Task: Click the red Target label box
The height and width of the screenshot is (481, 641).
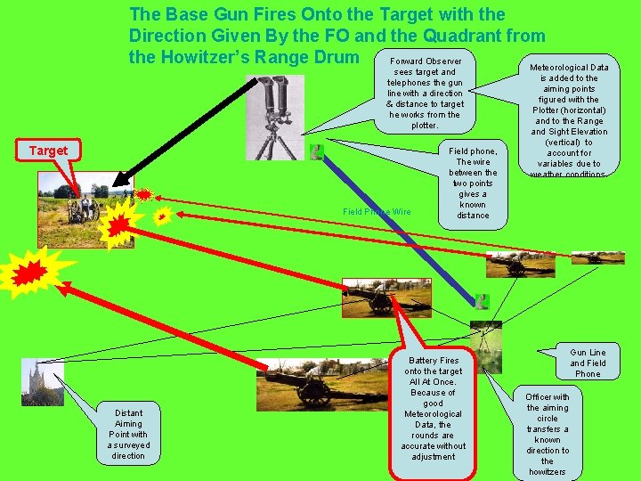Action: click(48, 151)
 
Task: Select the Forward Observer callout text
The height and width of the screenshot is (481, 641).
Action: click(425, 94)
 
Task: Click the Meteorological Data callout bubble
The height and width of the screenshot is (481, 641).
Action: click(570, 119)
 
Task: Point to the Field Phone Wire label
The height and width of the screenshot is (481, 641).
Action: click(377, 211)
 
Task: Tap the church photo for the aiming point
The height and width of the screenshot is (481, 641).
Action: click(42, 382)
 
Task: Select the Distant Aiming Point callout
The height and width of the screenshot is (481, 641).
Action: click(128, 434)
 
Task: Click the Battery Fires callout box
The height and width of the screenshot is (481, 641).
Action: click(433, 409)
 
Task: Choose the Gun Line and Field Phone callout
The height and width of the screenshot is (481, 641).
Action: click(588, 363)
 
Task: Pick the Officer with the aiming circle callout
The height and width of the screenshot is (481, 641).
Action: click(547, 434)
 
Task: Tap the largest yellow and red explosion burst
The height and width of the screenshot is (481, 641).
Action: click(32, 272)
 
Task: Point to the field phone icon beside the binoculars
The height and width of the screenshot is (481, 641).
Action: click(315, 152)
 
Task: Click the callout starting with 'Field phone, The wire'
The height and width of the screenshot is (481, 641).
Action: click(473, 183)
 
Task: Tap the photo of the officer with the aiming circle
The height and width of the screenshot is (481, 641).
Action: click(485, 346)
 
